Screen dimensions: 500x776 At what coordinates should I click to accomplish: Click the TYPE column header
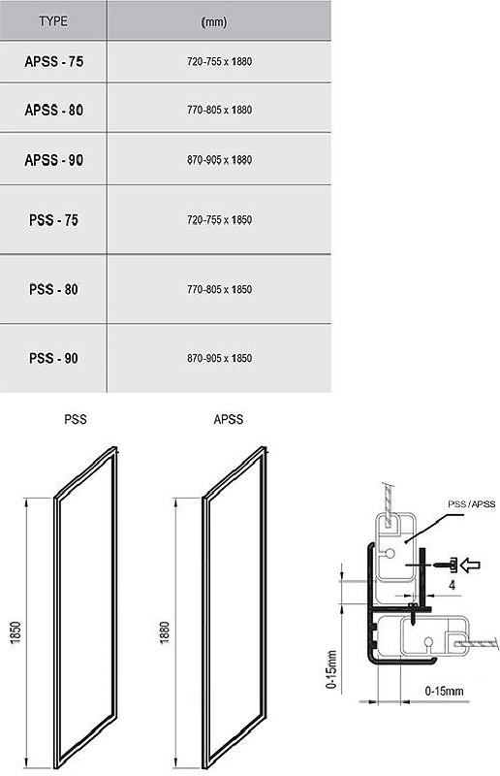pyautogui.click(x=53, y=21)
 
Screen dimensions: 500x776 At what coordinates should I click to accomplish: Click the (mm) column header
pyautogui.click(x=214, y=22)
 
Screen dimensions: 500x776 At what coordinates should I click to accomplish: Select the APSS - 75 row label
pyautogui.click(x=54, y=62)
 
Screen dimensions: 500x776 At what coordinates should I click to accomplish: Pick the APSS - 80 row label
pyautogui.click(x=54, y=110)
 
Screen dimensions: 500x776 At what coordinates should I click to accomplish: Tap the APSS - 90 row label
pyautogui.click(x=54, y=160)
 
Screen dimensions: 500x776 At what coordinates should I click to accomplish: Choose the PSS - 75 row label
pyautogui.click(x=53, y=220)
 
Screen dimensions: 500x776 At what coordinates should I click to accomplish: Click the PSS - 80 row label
pyautogui.click(x=53, y=289)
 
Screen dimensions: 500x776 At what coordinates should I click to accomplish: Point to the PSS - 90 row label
pyautogui.click(x=53, y=358)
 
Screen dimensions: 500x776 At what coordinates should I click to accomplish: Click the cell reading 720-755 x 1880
pyautogui.click(x=219, y=62)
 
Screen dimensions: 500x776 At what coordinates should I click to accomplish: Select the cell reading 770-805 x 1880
pyautogui.click(x=219, y=110)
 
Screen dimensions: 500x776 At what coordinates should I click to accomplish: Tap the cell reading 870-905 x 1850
pyautogui.click(x=219, y=358)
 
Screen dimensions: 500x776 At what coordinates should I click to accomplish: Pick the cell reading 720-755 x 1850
pyautogui.click(x=219, y=220)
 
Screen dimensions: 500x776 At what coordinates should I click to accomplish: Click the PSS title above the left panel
pyautogui.click(x=76, y=420)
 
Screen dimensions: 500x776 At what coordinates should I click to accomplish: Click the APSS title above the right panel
pyautogui.click(x=228, y=420)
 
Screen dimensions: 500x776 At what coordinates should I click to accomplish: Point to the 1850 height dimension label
pyautogui.click(x=16, y=632)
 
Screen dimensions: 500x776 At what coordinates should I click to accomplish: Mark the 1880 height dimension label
pyautogui.click(x=165, y=632)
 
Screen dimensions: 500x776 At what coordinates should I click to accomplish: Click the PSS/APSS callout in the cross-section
pyautogui.click(x=471, y=504)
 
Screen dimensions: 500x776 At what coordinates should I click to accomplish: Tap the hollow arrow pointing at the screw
pyautogui.click(x=470, y=565)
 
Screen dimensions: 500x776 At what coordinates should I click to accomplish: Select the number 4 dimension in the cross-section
pyautogui.click(x=452, y=586)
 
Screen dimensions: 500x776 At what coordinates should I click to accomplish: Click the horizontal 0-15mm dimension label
pyautogui.click(x=444, y=691)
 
